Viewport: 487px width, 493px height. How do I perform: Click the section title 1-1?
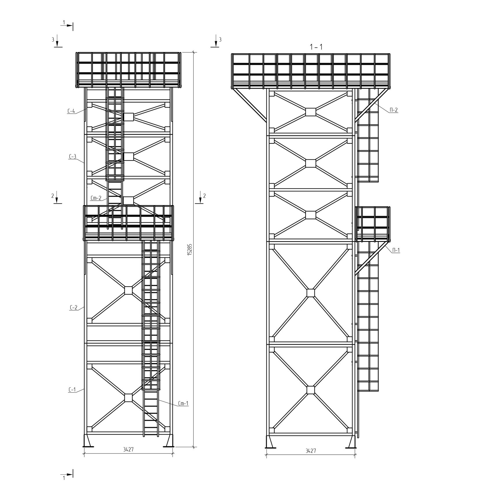click(316, 47)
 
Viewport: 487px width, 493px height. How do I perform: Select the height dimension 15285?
click(190, 249)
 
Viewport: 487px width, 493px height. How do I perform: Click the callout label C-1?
click(72, 390)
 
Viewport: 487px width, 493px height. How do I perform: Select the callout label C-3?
click(72, 157)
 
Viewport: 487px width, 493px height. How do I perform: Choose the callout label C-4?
click(71, 111)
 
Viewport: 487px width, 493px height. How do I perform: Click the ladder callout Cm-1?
click(183, 403)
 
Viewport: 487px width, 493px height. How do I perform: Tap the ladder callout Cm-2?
click(96, 198)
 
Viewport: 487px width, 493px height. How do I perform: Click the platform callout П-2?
click(393, 110)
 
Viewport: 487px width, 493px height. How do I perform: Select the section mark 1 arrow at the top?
click(67, 26)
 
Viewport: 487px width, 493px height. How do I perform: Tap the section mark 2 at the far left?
click(57, 197)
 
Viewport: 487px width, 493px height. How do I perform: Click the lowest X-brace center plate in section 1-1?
click(310, 390)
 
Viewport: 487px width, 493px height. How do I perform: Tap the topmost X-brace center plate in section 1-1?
click(310, 112)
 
